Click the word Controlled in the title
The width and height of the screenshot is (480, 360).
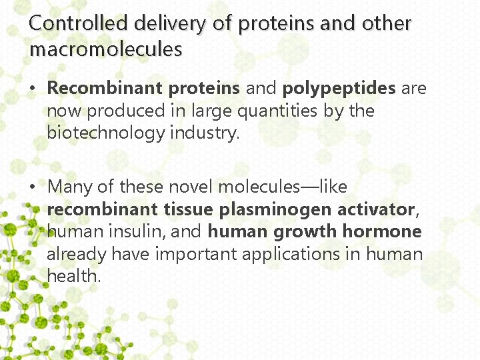pyautogui.click(x=79, y=23)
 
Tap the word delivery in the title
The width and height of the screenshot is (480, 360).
pyautogui.click(x=171, y=23)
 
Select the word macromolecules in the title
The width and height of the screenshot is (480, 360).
pyautogui.click(x=105, y=49)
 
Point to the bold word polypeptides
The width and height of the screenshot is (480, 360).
pyautogui.click(x=339, y=89)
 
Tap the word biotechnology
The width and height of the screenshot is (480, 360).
pyautogui.click(x=105, y=133)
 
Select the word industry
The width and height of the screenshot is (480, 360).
pyautogui.click(x=203, y=133)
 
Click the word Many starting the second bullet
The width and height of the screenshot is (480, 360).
pyautogui.click(x=71, y=187)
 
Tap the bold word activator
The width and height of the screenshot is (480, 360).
pyautogui.click(x=376, y=209)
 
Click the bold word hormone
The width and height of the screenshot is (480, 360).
pyautogui.click(x=382, y=231)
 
